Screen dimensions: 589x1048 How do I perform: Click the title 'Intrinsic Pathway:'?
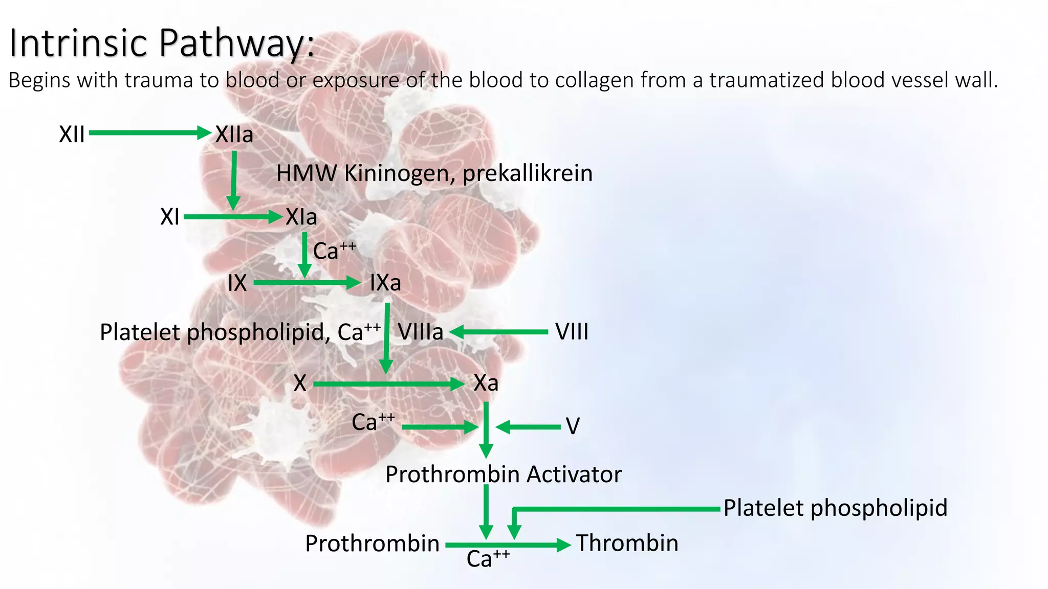click(162, 43)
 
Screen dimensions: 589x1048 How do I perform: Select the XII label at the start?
click(72, 134)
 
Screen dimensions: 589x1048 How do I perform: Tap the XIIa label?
click(234, 134)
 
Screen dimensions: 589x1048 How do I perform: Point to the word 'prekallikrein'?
click(528, 173)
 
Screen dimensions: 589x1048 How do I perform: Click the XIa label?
click(301, 217)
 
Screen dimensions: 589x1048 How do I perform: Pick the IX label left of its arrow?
click(237, 283)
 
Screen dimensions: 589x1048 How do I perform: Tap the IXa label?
click(385, 283)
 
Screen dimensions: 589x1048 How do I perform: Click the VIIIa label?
click(421, 332)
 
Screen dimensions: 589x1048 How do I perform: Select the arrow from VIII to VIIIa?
click(499, 332)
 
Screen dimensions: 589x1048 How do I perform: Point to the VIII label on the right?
click(572, 332)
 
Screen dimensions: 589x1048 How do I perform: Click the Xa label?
click(486, 383)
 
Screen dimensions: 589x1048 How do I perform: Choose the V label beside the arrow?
click(573, 426)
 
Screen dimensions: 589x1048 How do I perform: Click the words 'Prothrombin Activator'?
click(504, 474)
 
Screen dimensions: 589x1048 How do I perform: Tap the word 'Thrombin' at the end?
click(627, 543)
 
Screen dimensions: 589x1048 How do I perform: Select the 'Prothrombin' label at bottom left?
click(372, 543)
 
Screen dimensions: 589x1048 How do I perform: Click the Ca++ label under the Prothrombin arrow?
click(488, 558)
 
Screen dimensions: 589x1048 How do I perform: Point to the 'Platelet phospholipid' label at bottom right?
click(835, 508)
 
